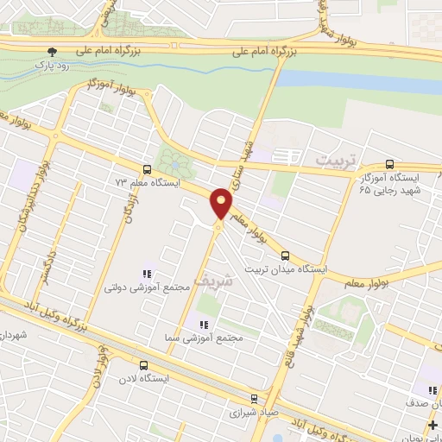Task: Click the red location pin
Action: pos(222,204)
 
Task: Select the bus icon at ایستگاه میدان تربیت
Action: pos(286,255)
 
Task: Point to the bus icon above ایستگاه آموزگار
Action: pos(389,163)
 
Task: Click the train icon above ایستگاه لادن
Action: pos(141,365)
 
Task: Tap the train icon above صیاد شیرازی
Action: pos(254,398)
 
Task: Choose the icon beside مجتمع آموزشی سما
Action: pos(204,325)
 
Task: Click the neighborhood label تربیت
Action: pos(333,161)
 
